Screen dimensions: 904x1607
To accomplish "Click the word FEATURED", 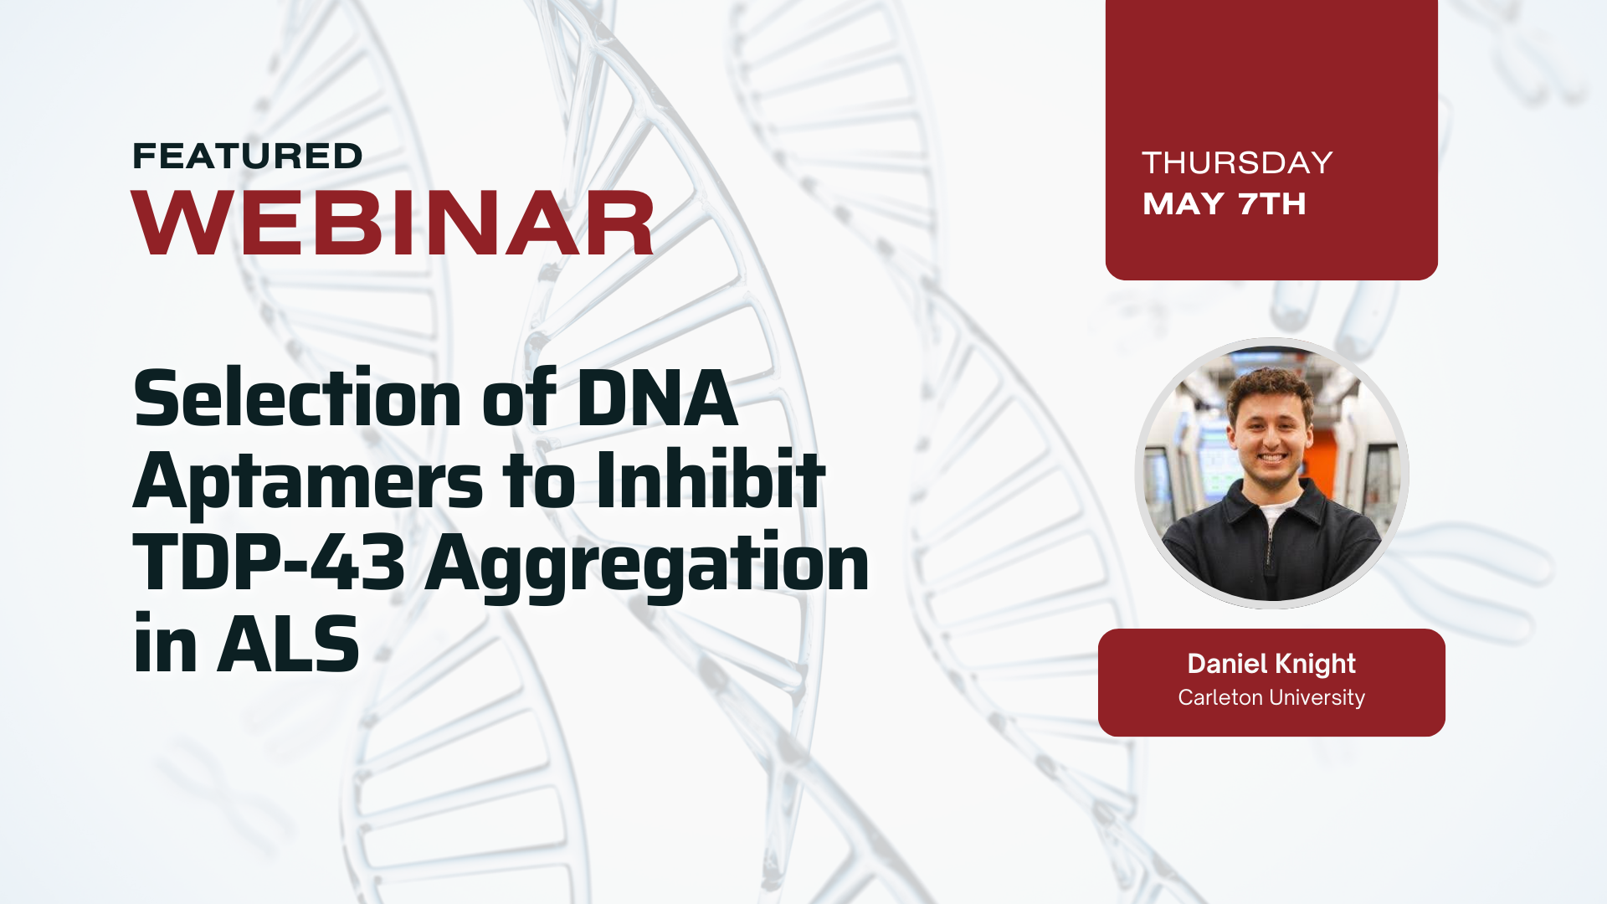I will (247, 157).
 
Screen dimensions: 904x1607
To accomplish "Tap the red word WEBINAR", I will (393, 223).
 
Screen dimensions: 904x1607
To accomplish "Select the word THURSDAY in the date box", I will (1236, 162).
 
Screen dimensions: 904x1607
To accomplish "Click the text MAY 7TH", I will (1224, 203).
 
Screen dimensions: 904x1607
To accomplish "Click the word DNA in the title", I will (657, 399).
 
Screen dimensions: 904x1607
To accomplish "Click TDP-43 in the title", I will (269, 562).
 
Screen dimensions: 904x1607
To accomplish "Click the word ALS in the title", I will (288, 645).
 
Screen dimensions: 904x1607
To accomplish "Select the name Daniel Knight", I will (1271, 664).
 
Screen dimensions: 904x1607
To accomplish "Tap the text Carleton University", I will (1271, 697).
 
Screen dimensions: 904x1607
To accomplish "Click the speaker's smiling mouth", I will (1271, 458).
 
